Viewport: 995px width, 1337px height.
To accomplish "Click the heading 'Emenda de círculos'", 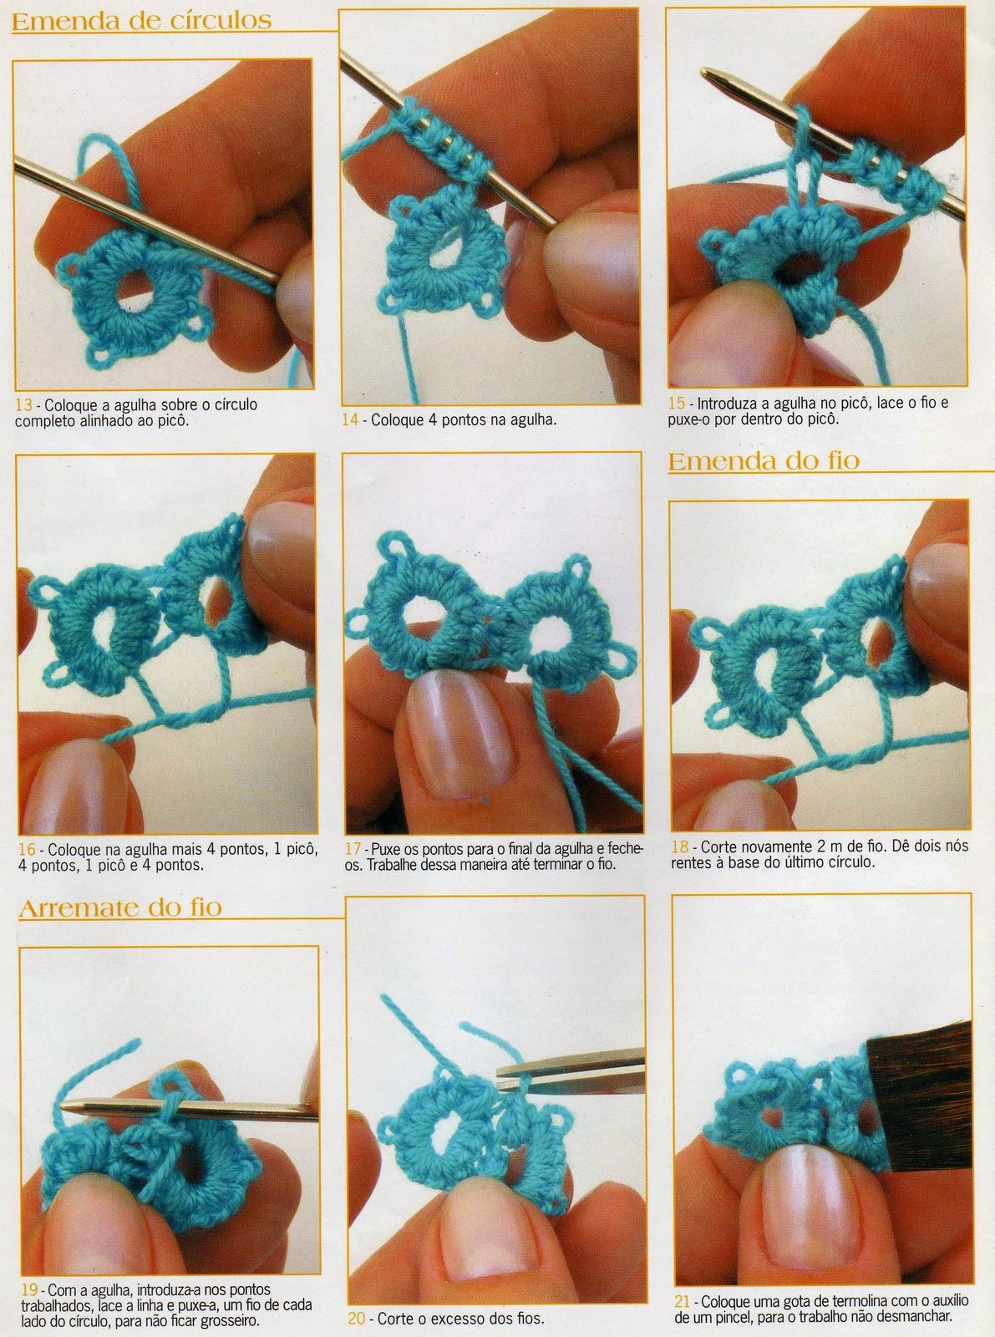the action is (x=142, y=21).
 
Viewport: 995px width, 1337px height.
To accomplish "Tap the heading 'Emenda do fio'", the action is (x=764, y=461).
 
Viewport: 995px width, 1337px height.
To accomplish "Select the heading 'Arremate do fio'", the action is (x=120, y=907).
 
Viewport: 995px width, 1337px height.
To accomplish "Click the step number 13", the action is (x=24, y=404).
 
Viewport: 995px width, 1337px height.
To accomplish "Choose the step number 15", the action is (x=677, y=403).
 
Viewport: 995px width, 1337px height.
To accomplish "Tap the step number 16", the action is (x=27, y=850).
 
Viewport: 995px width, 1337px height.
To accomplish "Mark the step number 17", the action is (x=353, y=849).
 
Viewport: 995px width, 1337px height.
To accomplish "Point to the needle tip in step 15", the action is (x=706, y=73).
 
